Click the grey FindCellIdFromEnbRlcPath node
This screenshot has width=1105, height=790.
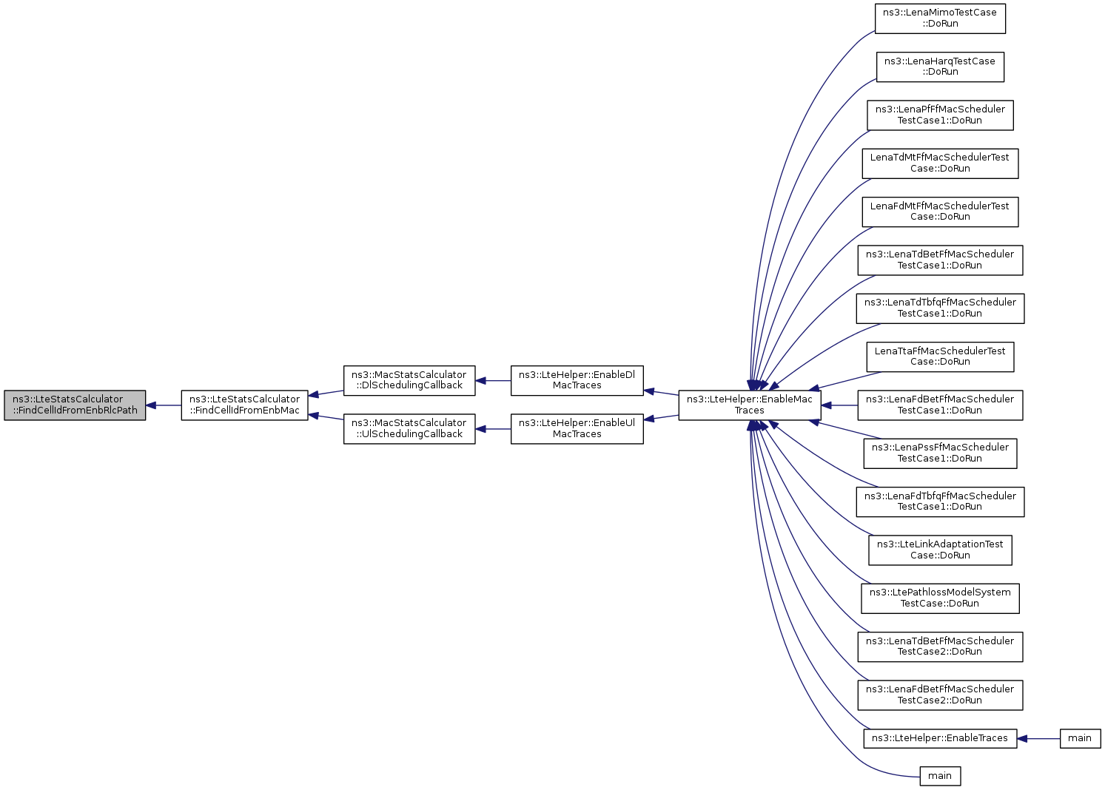[x=75, y=405]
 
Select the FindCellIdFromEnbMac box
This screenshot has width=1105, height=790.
[x=245, y=405]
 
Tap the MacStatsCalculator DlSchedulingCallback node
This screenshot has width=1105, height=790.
[x=409, y=381]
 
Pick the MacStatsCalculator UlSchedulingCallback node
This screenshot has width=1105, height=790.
[x=409, y=429]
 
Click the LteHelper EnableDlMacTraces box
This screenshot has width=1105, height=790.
[x=577, y=381]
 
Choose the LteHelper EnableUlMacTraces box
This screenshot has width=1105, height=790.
[x=577, y=429]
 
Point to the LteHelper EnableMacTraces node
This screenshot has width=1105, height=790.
[x=750, y=405]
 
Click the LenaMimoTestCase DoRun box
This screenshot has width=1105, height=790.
[x=940, y=18]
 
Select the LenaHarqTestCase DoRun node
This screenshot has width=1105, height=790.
[x=940, y=67]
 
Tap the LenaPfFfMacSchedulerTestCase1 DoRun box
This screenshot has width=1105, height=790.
[x=940, y=115]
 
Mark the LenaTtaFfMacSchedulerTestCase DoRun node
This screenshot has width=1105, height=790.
[x=940, y=357]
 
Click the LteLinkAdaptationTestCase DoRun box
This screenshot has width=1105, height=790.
[x=940, y=550]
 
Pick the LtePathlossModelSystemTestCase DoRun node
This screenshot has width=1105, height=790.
[x=940, y=598]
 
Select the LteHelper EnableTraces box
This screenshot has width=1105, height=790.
[x=940, y=739]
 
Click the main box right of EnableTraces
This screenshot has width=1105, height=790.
[x=1081, y=739]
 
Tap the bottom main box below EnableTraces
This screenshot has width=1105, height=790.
[x=940, y=776]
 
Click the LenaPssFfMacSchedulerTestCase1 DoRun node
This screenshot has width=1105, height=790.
[x=940, y=453]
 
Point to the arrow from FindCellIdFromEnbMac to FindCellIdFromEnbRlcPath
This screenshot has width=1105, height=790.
[x=164, y=405]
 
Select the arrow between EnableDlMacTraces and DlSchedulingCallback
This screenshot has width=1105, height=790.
[x=494, y=381]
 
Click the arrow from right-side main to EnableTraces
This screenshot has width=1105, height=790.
[x=1038, y=739]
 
